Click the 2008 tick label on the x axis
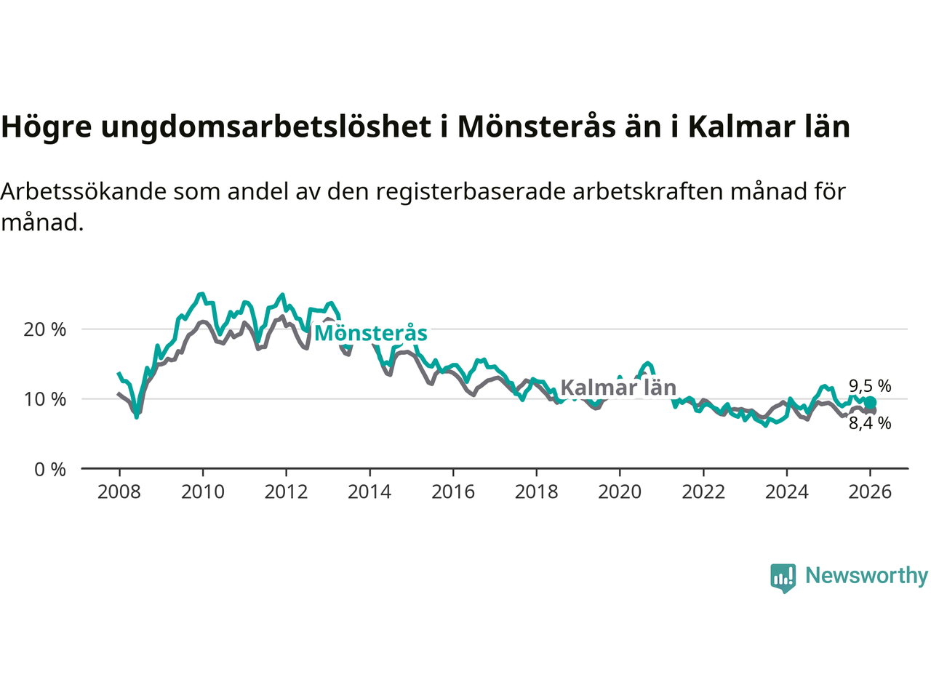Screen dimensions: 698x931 click(x=119, y=492)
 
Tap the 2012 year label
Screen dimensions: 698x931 click(x=286, y=492)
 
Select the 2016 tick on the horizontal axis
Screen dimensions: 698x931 click(x=453, y=492)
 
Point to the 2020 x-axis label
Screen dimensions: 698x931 click(x=620, y=492)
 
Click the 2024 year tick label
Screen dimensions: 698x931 click(x=787, y=492)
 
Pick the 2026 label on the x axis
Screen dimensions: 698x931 click(x=870, y=492)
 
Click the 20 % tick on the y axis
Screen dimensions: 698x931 click(x=45, y=329)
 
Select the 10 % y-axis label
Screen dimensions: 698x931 click(x=45, y=399)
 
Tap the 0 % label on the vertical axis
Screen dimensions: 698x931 click(x=50, y=470)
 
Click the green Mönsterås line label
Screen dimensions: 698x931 click(x=371, y=333)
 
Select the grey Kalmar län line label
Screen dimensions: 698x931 click(x=618, y=388)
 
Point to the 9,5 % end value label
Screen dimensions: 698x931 click(x=870, y=386)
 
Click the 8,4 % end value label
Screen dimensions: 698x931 click(x=870, y=423)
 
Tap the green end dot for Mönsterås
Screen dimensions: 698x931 click(x=871, y=403)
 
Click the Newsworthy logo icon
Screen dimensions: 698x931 click(x=783, y=577)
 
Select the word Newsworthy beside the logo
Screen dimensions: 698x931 click(x=866, y=575)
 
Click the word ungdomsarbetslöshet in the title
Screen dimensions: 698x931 click(x=265, y=127)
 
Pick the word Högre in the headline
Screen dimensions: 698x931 click(x=47, y=127)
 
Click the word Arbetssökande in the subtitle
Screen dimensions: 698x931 click(x=83, y=191)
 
